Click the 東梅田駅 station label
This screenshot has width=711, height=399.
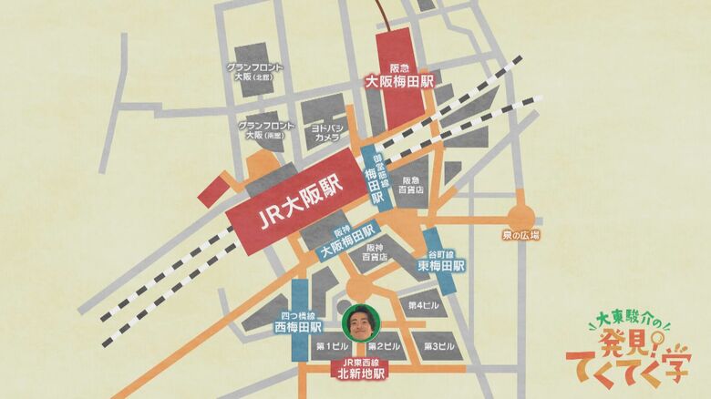442,264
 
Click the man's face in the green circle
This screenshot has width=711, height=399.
358,321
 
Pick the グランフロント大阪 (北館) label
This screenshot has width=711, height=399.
255,72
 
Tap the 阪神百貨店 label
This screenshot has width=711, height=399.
374,252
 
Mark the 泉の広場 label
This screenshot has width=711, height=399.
520,235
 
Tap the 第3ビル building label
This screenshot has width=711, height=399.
438,346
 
